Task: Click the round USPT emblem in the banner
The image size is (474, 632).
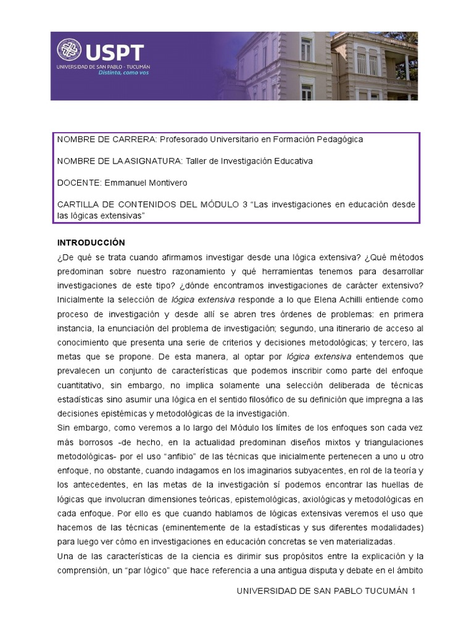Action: (x=69, y=51)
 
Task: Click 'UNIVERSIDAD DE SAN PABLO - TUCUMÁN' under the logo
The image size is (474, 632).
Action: (x=103, y=66)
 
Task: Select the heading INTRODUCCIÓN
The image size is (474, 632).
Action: (x=91, y=242)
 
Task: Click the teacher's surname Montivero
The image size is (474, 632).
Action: (x=165, y=182)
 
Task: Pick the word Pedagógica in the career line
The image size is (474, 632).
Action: (x=339, y=139)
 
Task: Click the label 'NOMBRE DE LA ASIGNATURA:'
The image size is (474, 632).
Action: (x=120, y=160)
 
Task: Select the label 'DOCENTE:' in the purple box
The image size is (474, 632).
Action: (x=79, y=182)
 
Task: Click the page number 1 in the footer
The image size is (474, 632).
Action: (x=414, y=591)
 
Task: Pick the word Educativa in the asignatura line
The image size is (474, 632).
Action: (x=289, y=160)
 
